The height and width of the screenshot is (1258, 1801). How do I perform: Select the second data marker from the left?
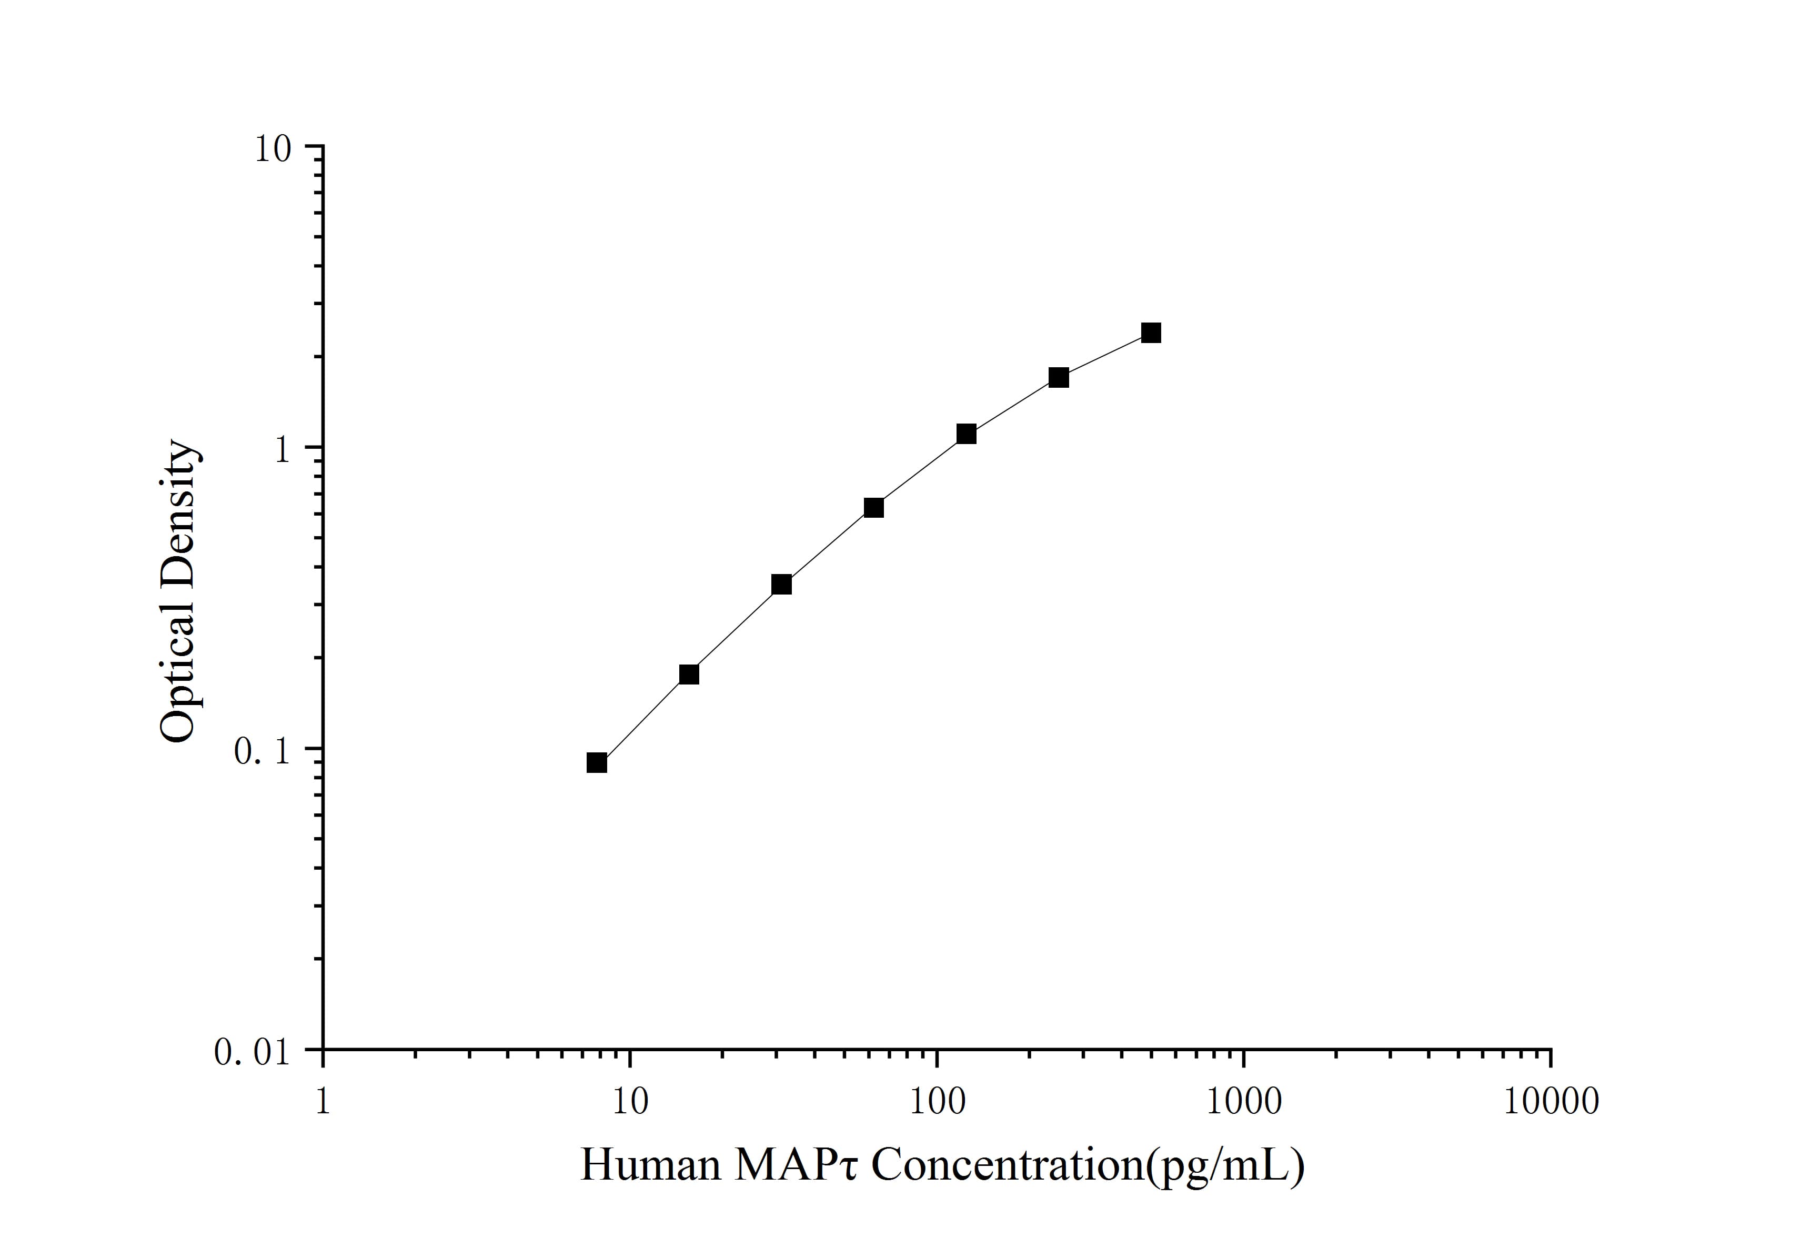coord(689,675)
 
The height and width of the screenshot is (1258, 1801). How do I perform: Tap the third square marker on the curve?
coord(781,585)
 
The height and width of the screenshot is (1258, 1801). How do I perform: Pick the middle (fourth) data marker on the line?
coord(874,507)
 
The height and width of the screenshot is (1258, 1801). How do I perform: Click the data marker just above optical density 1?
coord(967,434)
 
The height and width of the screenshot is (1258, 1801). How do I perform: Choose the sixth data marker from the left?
coord(1059,377)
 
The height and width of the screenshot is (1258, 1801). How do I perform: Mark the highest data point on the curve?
coord(1151,334)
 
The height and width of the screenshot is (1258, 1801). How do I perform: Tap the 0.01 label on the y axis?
coord(253,1052)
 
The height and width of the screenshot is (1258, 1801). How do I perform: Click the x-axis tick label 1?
coord(323,1102)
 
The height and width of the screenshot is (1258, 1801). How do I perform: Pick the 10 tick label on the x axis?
coord(630,1102)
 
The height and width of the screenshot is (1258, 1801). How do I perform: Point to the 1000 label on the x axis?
coord(1243,1102)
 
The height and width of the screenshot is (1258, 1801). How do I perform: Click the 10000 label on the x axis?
coord(1551,1102)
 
